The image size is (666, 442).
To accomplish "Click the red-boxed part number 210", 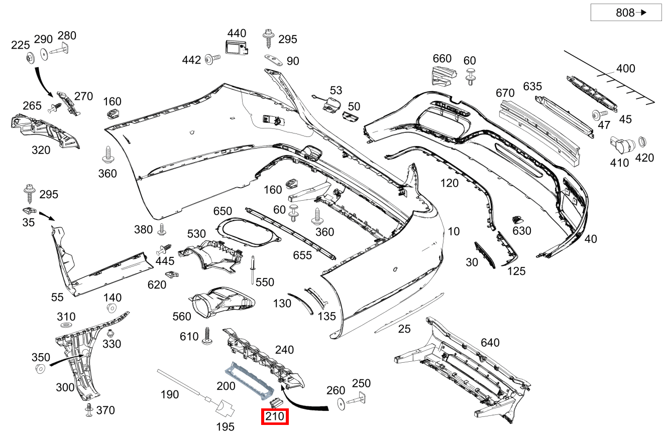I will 275,416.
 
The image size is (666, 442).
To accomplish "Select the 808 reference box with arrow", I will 626,13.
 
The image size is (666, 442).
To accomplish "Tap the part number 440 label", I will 237,34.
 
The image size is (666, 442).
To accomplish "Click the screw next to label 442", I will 212,60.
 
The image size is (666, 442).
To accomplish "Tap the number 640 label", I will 490,343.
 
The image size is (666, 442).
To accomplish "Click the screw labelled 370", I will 89,410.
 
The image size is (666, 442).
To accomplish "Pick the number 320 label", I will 41,150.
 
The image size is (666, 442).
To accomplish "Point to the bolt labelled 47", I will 597,115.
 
